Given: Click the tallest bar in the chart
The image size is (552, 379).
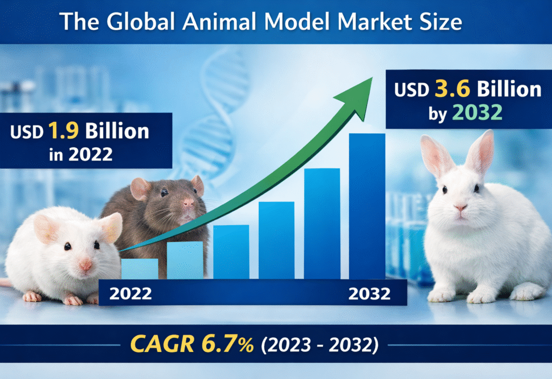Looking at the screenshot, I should click(x=367, y=206).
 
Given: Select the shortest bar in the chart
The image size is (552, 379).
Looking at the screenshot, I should click(x=140, y=269).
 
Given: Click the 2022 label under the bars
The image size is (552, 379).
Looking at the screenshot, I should click(x=131, y=294).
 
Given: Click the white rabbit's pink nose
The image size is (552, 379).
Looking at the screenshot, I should click(x=461, y=208).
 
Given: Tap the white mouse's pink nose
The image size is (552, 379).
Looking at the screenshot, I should click(x=86, y=265).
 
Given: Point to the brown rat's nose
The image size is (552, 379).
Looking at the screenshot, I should click(x=188, y=204).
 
